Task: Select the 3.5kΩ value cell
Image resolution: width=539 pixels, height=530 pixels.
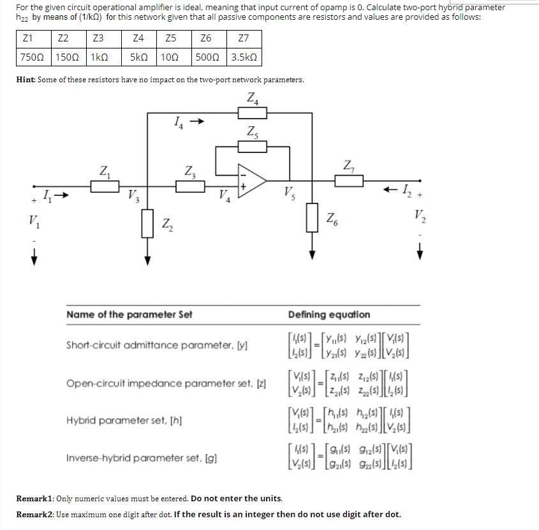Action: point(244,57)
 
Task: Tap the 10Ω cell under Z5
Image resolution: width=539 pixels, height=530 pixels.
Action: point(170,57)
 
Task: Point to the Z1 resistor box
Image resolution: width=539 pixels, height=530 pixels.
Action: point(104,187)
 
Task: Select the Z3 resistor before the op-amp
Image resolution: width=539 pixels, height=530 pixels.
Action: point(189,186)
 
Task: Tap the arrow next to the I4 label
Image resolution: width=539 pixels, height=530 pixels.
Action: point(198,120)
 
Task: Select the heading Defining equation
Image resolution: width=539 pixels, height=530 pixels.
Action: point(329,314)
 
